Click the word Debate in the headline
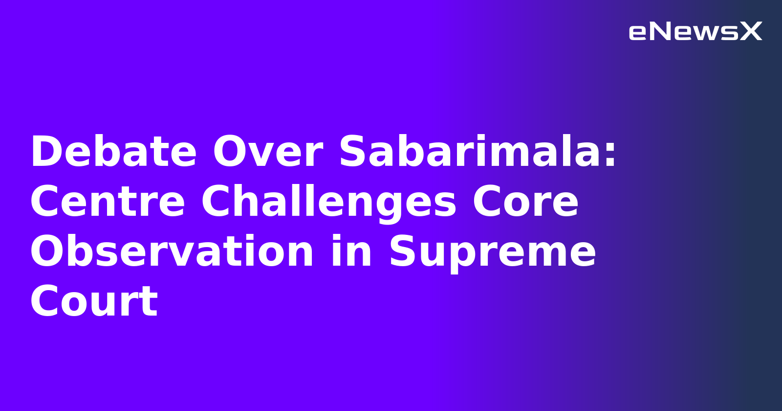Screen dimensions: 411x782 coord(113,152)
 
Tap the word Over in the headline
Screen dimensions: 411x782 coord(267,152)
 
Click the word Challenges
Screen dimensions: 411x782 coord(328,203)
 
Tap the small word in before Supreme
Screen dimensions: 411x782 coord(351,251)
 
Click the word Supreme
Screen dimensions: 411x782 coord(492,252)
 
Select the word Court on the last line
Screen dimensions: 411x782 coord(94,301)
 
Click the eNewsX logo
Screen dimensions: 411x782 coord(695,32)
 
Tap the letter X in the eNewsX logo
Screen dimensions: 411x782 coord(751,32)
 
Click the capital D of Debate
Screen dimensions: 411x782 coord(46,152)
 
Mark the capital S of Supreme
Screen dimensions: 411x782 coord(404,251)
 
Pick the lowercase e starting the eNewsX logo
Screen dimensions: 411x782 coord(638,33)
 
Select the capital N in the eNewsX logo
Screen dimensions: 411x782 coord(660,32)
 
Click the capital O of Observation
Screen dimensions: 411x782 coord(49,251)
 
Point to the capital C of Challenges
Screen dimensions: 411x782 coord(217,202)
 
